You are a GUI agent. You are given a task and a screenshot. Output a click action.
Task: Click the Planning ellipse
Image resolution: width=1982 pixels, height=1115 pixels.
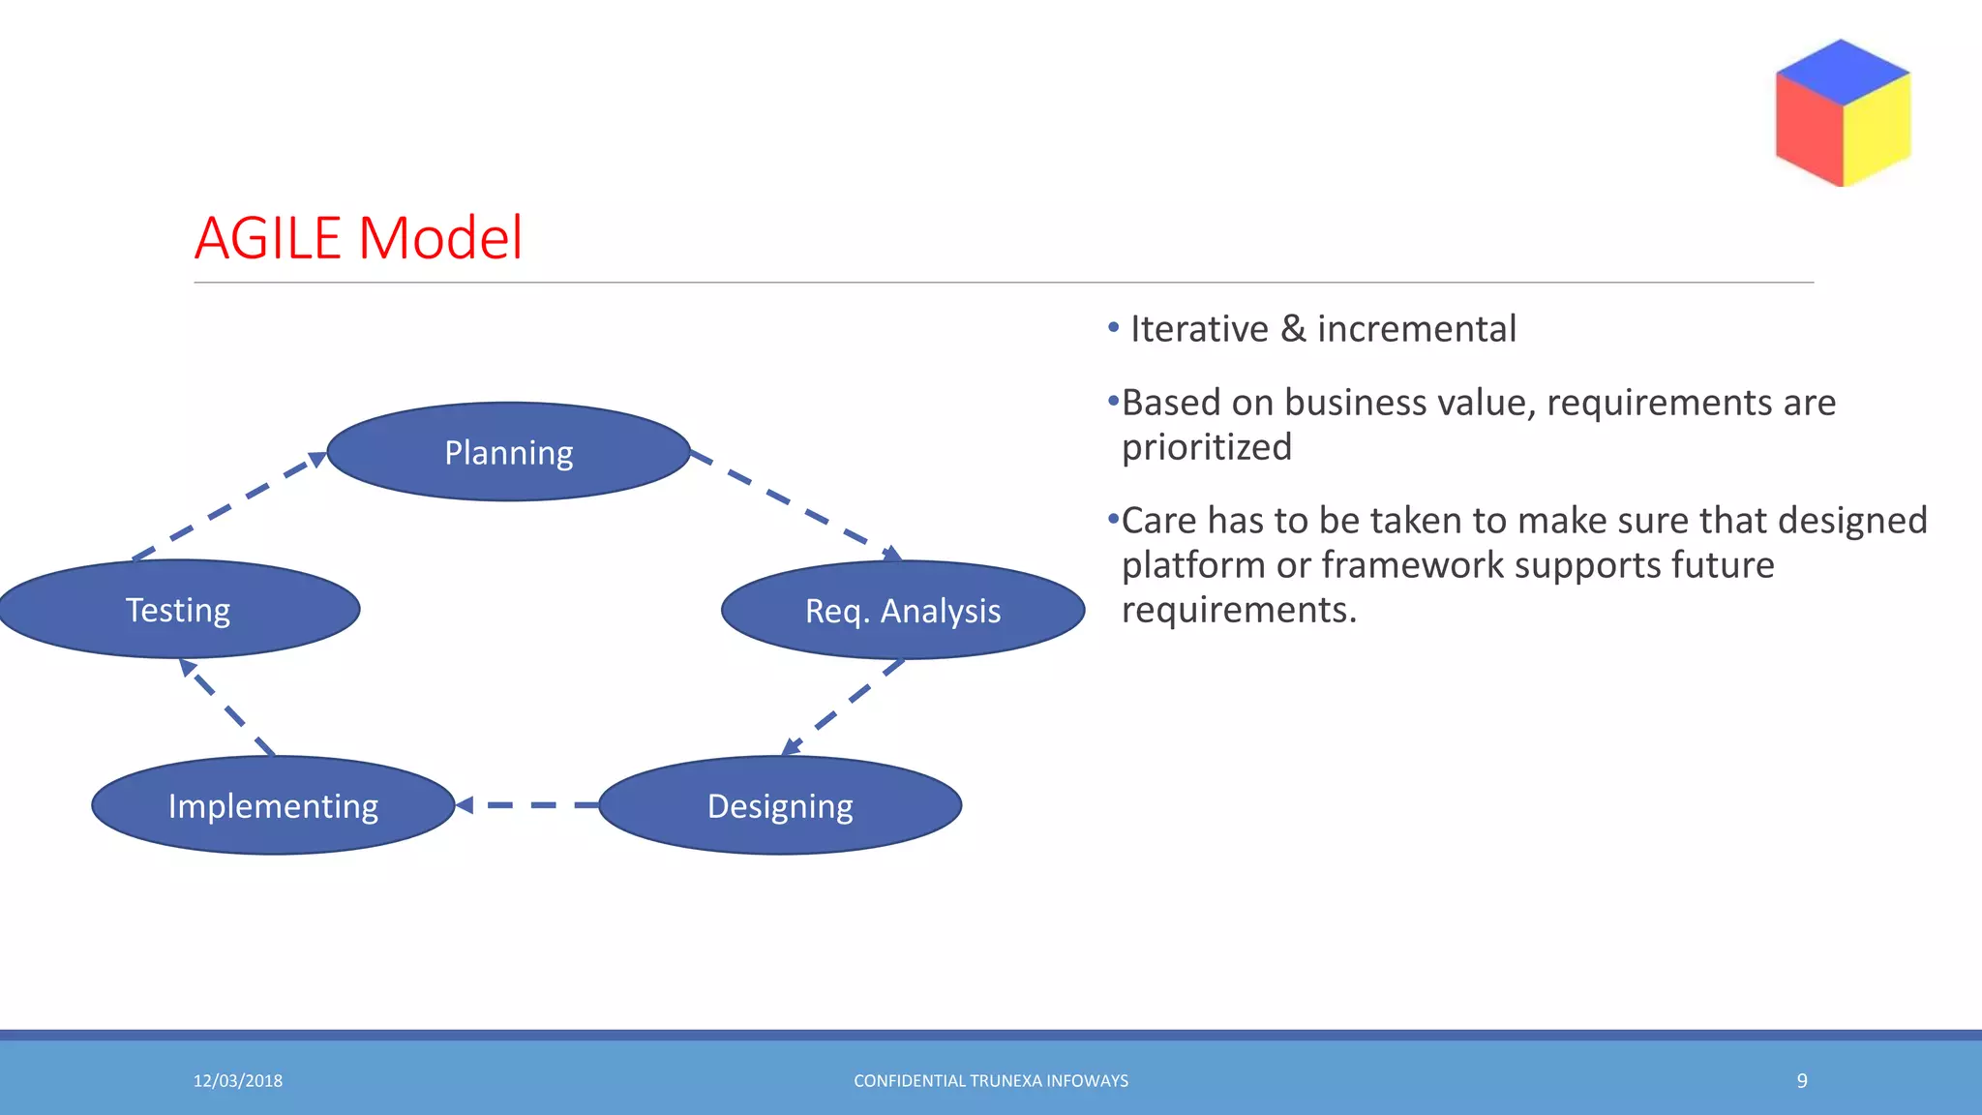click(508, 452)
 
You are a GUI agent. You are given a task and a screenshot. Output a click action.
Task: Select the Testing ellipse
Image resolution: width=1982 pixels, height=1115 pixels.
click(179, 610)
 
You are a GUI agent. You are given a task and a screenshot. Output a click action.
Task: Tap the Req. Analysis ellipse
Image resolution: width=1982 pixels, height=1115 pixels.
click(902, 611)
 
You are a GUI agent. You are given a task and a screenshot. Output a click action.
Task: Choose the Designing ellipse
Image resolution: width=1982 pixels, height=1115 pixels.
click(780, 805)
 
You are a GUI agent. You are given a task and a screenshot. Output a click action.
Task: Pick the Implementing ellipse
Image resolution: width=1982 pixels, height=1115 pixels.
click(273, 805)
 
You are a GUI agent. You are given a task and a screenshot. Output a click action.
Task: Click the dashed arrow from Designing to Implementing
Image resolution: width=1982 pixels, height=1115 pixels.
click(527, 805)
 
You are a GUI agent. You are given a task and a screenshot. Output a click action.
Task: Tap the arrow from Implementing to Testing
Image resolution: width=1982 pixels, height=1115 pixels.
click(228, 708)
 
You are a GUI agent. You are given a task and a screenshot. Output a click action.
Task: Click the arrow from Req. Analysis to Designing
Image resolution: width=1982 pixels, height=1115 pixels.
click(842, 708)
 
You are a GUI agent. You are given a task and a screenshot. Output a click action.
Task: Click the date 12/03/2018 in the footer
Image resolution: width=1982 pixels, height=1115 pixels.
click(238, 1081)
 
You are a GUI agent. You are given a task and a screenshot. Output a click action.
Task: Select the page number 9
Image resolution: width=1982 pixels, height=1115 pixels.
click(1802, 1081)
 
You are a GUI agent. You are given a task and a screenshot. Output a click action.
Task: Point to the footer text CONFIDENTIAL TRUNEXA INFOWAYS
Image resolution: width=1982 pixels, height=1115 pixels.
click(991, 1081)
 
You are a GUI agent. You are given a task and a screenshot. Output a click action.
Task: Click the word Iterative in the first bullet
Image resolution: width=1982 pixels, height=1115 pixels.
click(1199, 329)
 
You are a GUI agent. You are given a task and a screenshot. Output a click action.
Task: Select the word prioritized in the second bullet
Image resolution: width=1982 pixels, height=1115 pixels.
click(1207, 447)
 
